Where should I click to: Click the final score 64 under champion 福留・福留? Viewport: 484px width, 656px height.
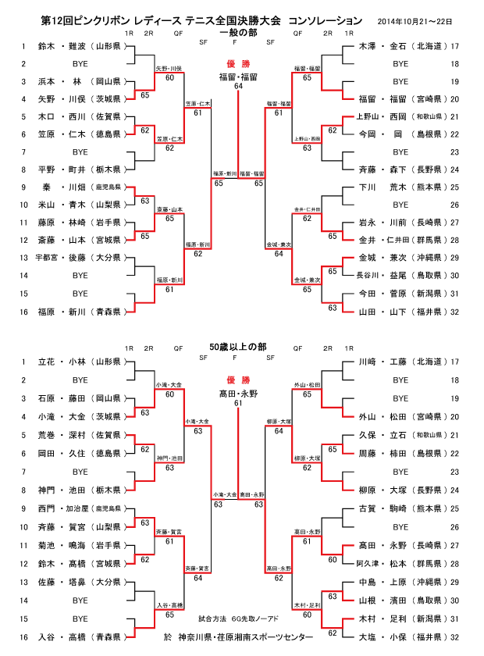(238, 86)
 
